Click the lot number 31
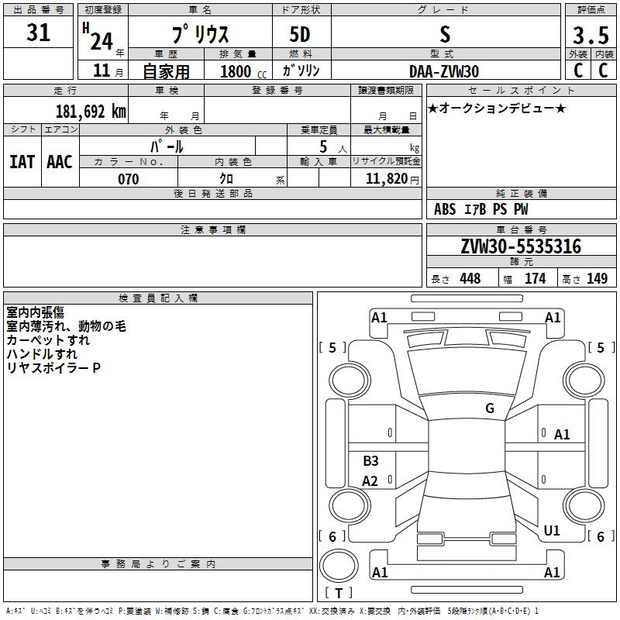(x=38, y=32)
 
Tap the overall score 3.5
(x=591, y=35)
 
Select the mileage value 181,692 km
(x=91, y=112)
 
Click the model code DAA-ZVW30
(x=444, y=71)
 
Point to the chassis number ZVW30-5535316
(x=521, y=246)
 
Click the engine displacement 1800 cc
(x=243, y=71)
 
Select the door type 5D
(x=300, y=35)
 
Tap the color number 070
(x=129, y=179)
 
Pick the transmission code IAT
(x=22, y=162)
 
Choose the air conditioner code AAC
(x=60, y=162)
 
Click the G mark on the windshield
(x=490, y=408)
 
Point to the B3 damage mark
(x=371, y=460)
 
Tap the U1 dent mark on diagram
(x=552, y=530)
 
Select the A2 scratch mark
(x=370, y=480)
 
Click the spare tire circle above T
(x=339, y=566)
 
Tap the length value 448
(x=470, y=278)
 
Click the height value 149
(x=597, y=278)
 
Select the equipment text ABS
(x=445, y=209)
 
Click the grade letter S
(x=445, y=34)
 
